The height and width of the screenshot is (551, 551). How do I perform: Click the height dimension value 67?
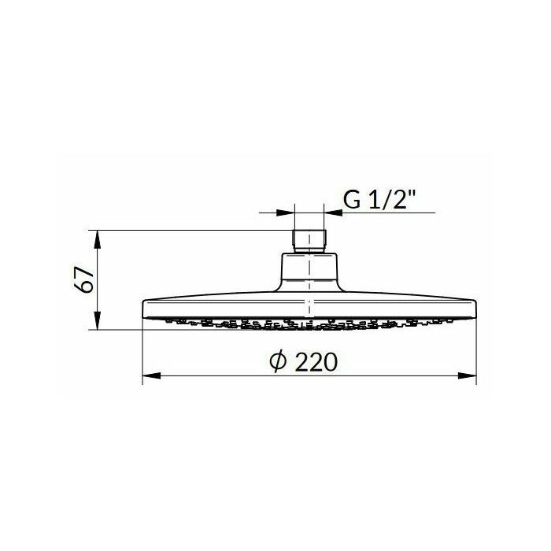tap(85, 279)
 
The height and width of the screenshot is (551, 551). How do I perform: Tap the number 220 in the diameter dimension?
tap(316, 362)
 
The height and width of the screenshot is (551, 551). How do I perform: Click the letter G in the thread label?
tap(352, 200)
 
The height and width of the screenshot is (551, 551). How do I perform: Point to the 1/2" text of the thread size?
tap(390, 199)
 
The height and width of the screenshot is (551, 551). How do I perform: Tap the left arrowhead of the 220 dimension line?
tap(151, 375)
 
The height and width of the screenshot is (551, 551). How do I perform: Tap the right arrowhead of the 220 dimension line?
tap(467, 375)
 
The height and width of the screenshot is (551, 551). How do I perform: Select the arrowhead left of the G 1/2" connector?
tap(285, 213)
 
